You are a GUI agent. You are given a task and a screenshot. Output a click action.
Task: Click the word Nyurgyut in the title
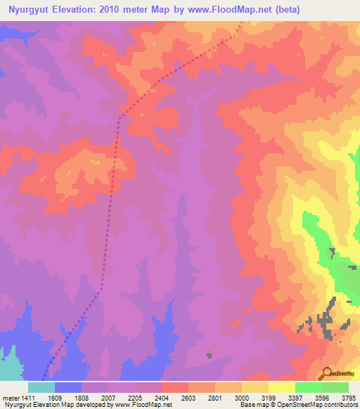point(28,10)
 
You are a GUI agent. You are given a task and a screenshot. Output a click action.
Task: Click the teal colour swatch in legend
point(41,387)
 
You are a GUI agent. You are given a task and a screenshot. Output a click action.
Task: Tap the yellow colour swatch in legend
point(281,387)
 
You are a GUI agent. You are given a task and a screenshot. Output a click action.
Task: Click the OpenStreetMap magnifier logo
point(326,372)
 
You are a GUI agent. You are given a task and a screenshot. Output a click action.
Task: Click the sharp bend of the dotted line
point(120,117)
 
